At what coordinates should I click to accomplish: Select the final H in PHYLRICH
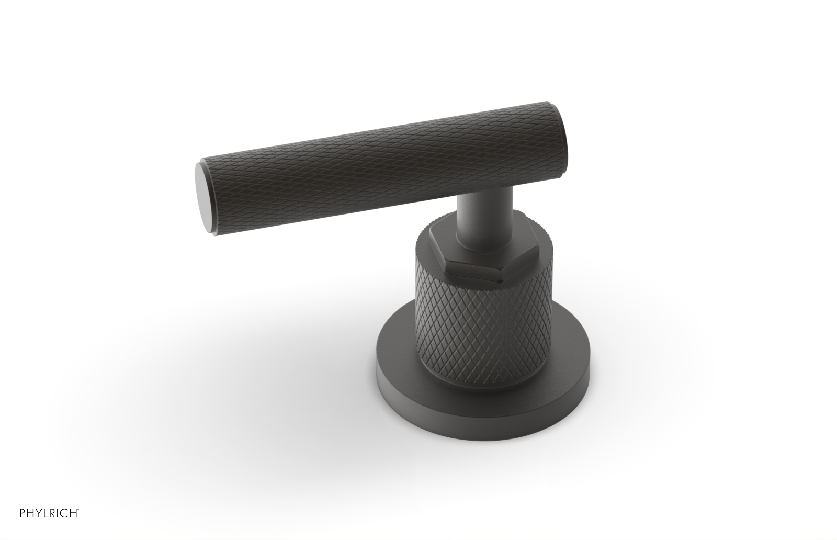tap(73, 526)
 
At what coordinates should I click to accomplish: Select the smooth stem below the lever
tap(482, 220)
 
